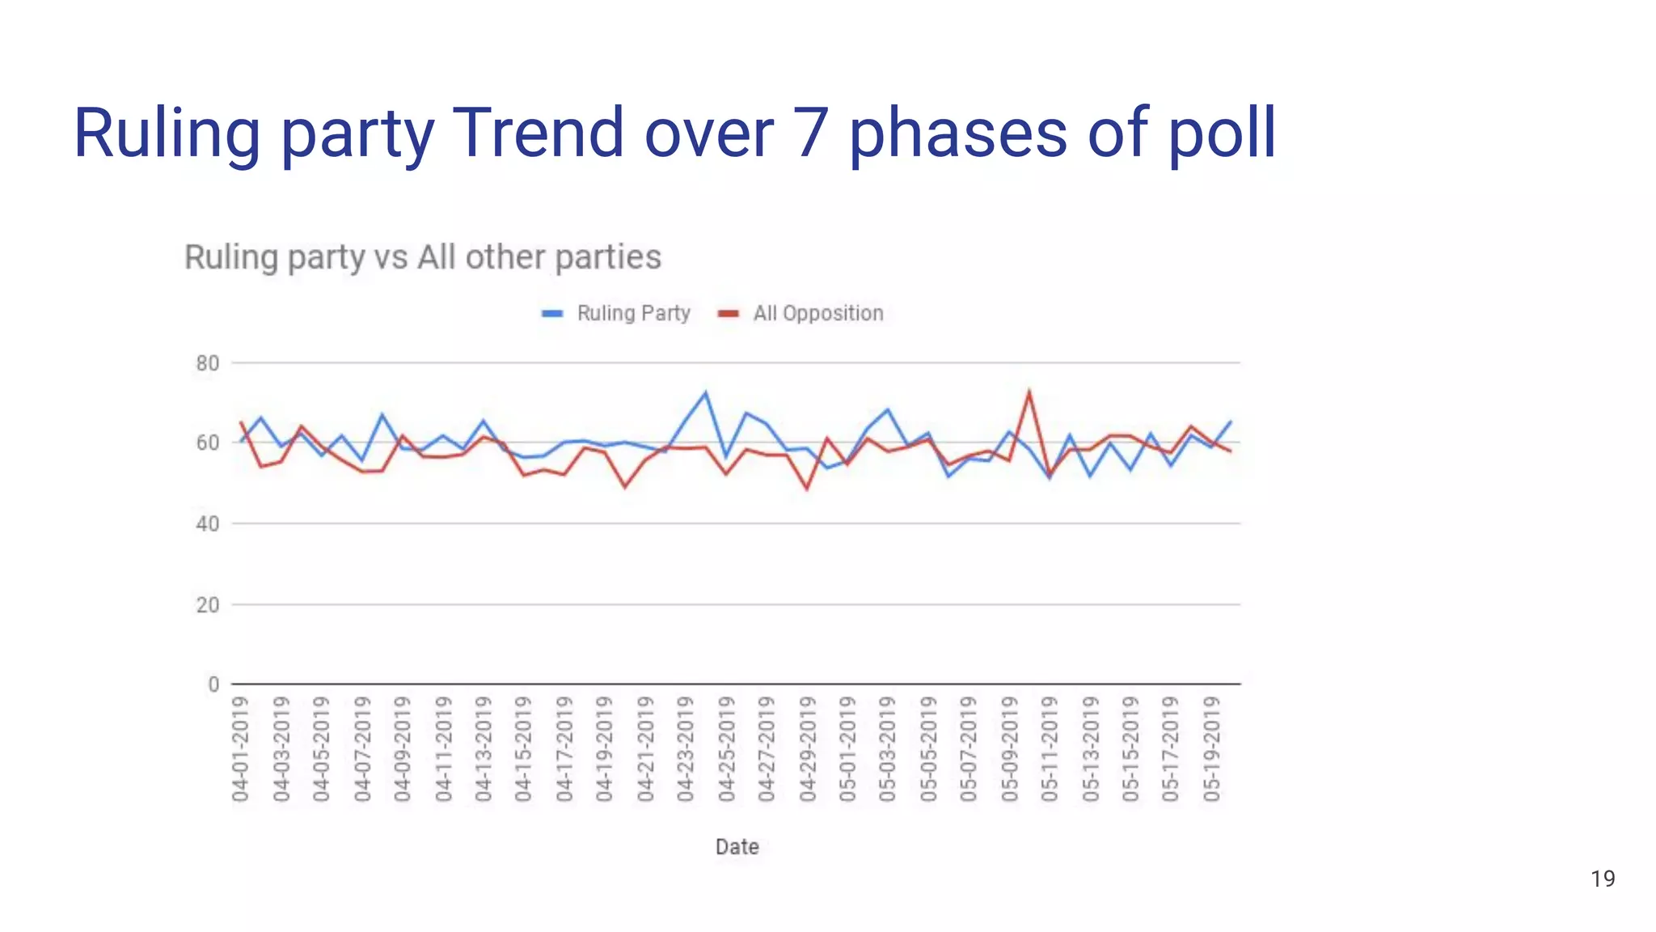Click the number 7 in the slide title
point(810,133)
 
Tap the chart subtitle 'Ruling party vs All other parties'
point(423,257)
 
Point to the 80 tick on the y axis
point(208,364)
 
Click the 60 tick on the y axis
point(208,443)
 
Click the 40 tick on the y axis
point(208,524)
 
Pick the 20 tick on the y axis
point(208,605)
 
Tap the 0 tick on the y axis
point(213,685)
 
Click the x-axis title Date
point(737,847)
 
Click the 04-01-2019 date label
point(240,749)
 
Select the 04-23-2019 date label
point(686,749)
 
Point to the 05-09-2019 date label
point(1009,749)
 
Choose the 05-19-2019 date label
point(1211,749)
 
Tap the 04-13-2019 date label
point(484,749)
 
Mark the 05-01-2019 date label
point(847,749)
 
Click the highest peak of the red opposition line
point(1029,392)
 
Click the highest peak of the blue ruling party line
point(705,393)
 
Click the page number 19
point(1602,879)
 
